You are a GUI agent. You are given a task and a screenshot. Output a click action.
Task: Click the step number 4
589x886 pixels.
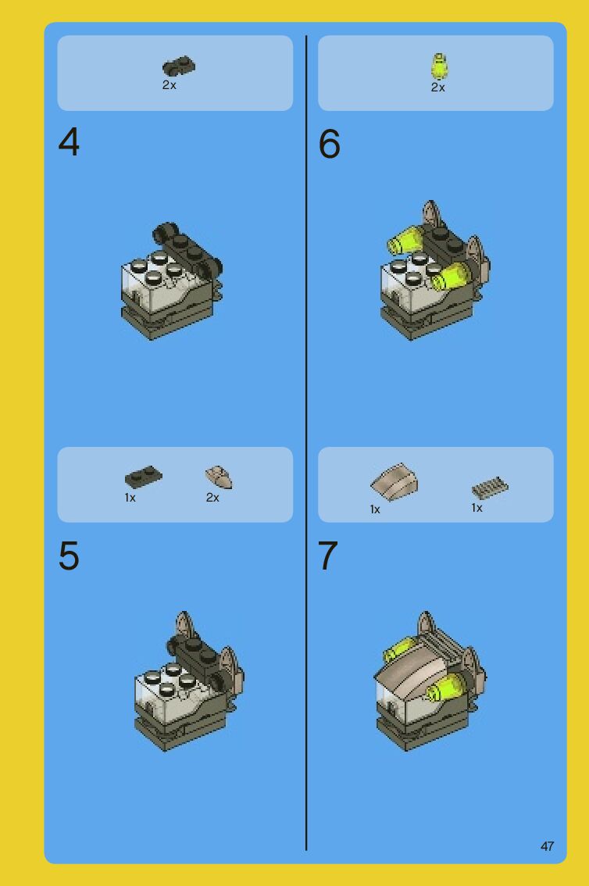click(x=69, y=142)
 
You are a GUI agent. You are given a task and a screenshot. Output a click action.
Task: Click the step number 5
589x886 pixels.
click(x=69, y=556)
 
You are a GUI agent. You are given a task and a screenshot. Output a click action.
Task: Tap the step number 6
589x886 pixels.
click(x=329, y=144)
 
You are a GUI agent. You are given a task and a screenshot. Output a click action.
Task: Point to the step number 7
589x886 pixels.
click(x=328, y=556)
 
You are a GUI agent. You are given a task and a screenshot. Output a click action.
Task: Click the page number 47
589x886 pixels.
click(x=547, y=846)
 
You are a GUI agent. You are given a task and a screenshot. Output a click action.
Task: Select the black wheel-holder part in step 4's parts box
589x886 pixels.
click(x=178, y=66)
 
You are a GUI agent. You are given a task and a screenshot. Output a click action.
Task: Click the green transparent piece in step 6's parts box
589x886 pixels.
click(x=439, y=66)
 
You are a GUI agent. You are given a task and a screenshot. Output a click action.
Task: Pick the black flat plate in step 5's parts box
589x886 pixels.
click(x=144, y=477)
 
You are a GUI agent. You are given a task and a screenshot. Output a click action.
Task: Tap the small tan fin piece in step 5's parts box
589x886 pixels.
click(x=219, y=477)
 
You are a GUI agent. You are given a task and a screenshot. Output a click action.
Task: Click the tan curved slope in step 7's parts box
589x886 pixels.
click(x=394, y=482)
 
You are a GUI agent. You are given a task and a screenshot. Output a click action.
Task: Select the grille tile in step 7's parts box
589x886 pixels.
click(x=490, y=488)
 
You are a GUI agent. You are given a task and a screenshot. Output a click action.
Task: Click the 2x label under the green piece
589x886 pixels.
click(x=437, y=88)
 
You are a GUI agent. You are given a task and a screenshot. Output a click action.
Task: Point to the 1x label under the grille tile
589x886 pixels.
click(x=477, y=508)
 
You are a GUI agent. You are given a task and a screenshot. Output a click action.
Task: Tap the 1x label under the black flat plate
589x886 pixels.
click(x=130, y=498)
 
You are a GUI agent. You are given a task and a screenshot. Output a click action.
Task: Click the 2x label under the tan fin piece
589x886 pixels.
click(x=212, y=498)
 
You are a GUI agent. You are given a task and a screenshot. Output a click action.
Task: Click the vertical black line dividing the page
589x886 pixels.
click(x=306, y=442)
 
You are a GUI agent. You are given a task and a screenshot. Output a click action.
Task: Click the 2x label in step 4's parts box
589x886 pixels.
click(x=169, y=85)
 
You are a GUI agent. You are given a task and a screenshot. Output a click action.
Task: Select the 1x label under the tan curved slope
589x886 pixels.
click(x=375, y=509)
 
